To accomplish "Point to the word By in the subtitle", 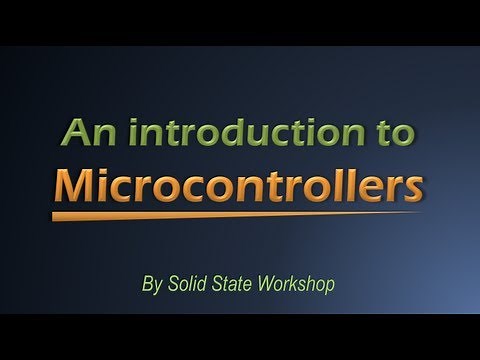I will point(152,283).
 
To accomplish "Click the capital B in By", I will point(148,283).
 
